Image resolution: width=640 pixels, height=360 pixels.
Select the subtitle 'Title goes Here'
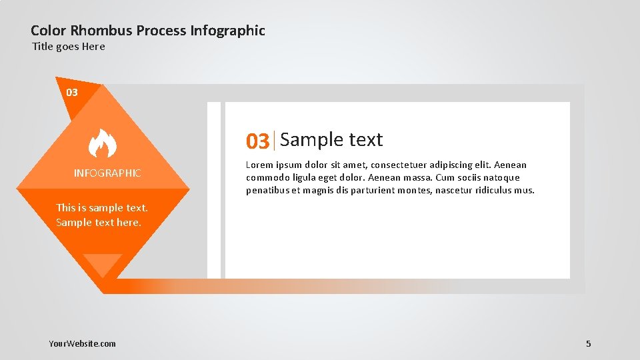point(69,47)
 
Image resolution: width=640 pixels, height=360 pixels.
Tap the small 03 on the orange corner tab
point(72,92)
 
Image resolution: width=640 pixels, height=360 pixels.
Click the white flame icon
point(103,143)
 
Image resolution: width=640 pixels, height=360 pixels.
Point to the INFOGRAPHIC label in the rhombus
point(107,173)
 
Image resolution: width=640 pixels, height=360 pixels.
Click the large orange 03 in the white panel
point(258,141)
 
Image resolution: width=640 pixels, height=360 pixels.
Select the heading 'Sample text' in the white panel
point(331,139)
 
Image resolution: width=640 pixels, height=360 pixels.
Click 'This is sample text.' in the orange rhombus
point(102,207)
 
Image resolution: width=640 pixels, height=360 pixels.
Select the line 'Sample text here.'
point(99,223)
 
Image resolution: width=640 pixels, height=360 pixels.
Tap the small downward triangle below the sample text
point(103,264)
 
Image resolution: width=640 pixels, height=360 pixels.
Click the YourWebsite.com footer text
point(82,343)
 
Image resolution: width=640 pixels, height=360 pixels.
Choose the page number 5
point(588,343)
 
